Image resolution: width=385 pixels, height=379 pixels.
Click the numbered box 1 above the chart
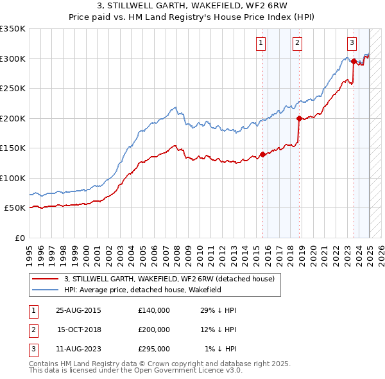261,44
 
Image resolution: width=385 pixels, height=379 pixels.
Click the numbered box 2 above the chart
298,44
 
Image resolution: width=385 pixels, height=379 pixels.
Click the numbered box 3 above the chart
352,44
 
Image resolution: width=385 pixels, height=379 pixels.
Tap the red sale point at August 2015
262,154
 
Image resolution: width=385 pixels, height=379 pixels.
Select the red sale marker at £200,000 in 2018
299,118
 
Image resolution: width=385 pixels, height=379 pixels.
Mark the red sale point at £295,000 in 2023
354,62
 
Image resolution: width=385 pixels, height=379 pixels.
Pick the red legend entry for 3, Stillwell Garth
169,279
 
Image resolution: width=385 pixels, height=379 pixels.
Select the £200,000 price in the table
154,330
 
